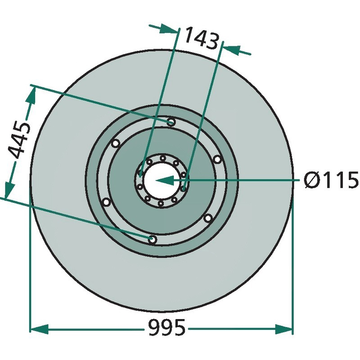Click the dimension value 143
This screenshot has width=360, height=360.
click(201, 38)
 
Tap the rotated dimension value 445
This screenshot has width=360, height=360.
click(19, 140)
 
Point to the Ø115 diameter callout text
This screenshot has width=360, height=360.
click(331, 180)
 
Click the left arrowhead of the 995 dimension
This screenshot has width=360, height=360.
click(39, 329)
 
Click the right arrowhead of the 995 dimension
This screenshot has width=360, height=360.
click(284, 329)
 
